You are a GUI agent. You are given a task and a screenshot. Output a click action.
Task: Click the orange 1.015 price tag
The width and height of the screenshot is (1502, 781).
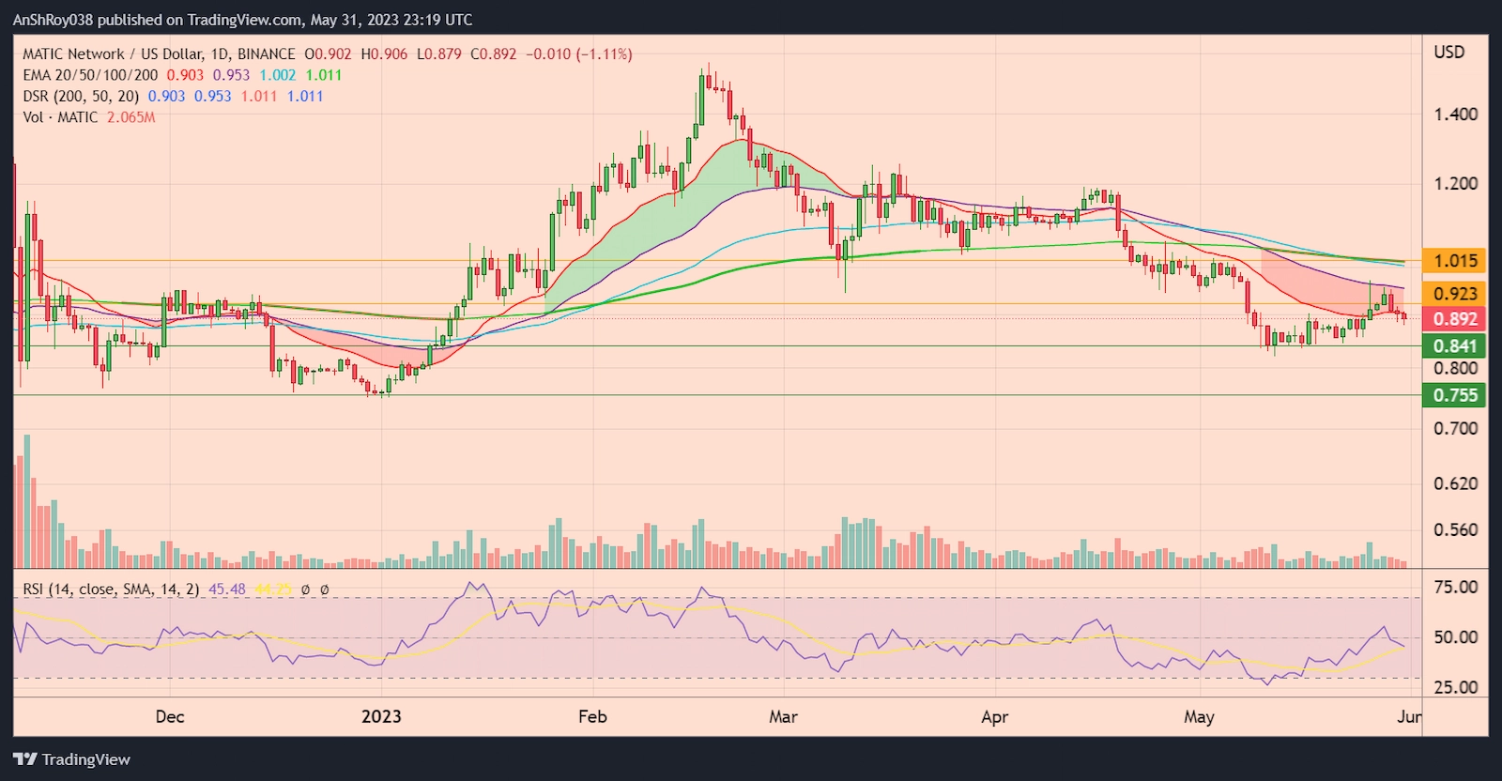pos(1454,261)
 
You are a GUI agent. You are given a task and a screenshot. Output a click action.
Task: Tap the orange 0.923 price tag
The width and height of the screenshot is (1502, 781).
pos(1454,294)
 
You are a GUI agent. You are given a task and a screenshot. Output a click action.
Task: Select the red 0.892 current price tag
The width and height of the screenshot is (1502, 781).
pos(1454,319)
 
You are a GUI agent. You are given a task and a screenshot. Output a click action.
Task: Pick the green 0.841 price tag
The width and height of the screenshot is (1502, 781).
pos(1454,346)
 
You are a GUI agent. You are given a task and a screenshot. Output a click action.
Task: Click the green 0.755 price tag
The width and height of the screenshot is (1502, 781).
pos(1454,395)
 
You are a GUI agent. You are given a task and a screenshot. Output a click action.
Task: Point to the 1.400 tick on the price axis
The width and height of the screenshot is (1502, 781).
pos(1455,115)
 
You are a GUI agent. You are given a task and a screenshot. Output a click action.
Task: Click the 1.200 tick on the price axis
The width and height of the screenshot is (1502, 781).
pos(1455,183)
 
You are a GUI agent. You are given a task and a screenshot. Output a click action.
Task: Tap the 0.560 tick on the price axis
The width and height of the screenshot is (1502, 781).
pos(1455,529)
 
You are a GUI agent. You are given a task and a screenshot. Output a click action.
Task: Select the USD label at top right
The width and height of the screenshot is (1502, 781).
pos(1448,53)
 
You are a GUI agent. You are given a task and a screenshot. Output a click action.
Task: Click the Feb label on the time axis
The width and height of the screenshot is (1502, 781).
pos(592,717)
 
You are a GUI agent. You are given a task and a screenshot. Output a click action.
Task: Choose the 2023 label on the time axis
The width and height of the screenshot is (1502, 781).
pos(381,717)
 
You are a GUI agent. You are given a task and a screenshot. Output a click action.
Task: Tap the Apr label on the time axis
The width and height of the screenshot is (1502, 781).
pos(994,717)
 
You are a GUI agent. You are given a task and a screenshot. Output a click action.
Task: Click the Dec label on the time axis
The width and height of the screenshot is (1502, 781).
pos(170,717)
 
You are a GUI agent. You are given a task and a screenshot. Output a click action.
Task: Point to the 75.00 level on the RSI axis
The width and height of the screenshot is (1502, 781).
pos(1455,587)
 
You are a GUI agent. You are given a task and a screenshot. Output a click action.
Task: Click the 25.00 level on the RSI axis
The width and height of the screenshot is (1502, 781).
pos(1455,687)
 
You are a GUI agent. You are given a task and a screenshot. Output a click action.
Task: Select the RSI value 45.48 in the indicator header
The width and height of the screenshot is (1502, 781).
pos(227,590)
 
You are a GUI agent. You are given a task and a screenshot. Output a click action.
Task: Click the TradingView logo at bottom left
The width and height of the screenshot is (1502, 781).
pos(72,759)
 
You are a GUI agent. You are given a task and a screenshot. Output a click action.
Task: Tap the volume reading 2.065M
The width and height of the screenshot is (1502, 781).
pos(130,117)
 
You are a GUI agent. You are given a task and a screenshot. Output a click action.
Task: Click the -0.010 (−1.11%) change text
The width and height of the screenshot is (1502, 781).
pos(578,54)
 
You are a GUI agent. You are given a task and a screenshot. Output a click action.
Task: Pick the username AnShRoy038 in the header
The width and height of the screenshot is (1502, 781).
pos(53,20)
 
